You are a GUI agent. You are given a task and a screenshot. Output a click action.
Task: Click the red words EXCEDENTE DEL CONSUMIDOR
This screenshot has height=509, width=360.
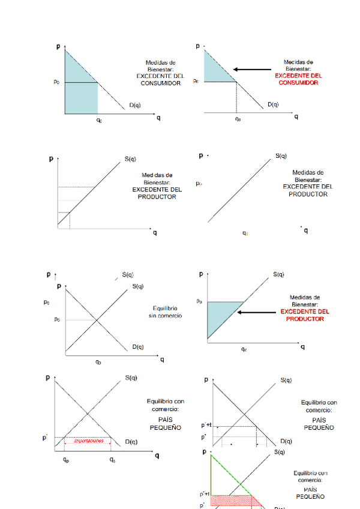coord(298,79)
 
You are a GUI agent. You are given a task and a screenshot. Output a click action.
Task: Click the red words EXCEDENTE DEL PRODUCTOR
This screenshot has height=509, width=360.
coord(305,315)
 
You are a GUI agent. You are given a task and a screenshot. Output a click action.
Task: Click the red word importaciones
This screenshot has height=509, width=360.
coord(88,441)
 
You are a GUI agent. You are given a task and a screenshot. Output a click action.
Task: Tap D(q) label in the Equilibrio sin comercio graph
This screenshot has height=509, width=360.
coord(138,346)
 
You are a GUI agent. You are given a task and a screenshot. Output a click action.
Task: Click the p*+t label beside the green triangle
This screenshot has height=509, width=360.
coord(205,495)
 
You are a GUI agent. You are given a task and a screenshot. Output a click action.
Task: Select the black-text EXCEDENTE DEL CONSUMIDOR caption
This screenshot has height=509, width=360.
coord(161,80)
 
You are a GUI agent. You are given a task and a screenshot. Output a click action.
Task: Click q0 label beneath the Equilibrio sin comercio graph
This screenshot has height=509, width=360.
coord(98,362)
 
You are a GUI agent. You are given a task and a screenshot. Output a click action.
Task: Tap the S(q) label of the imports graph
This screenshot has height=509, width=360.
coord(132,378)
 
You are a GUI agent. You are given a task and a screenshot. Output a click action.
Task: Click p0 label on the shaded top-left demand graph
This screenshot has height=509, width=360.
coord(57,82)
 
